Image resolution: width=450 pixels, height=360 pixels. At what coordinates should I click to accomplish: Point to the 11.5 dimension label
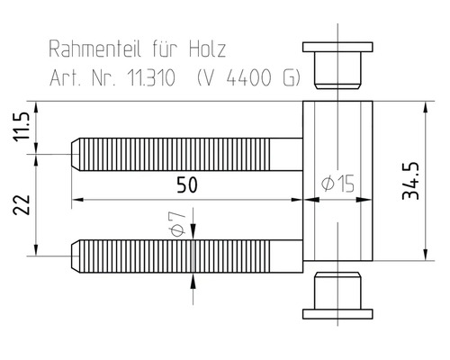21,129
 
